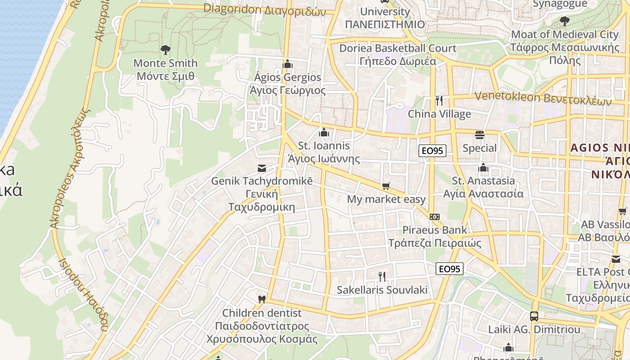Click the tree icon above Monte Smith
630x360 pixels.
[166, 49]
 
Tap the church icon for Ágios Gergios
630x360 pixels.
[288, 64]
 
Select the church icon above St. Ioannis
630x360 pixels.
[324, 132]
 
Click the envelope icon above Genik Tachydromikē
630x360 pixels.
[261, 168]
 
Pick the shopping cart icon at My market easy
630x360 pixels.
[386, 186]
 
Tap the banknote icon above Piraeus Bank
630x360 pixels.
[434, 217]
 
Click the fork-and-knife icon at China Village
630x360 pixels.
[439, 100]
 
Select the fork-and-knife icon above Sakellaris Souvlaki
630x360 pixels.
[382, 276]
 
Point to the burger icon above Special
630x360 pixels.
[480, 135]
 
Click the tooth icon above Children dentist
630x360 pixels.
[261, 299]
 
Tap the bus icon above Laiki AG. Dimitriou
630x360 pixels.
[534, 316]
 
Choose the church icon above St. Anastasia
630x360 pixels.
[483, 168]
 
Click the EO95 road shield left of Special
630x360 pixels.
[432, 151]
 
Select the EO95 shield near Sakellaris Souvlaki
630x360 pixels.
[449, 269]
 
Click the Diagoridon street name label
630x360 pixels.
[264, 9]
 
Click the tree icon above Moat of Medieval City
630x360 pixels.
[564, 21]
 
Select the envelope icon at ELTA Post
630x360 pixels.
[616, 259]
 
